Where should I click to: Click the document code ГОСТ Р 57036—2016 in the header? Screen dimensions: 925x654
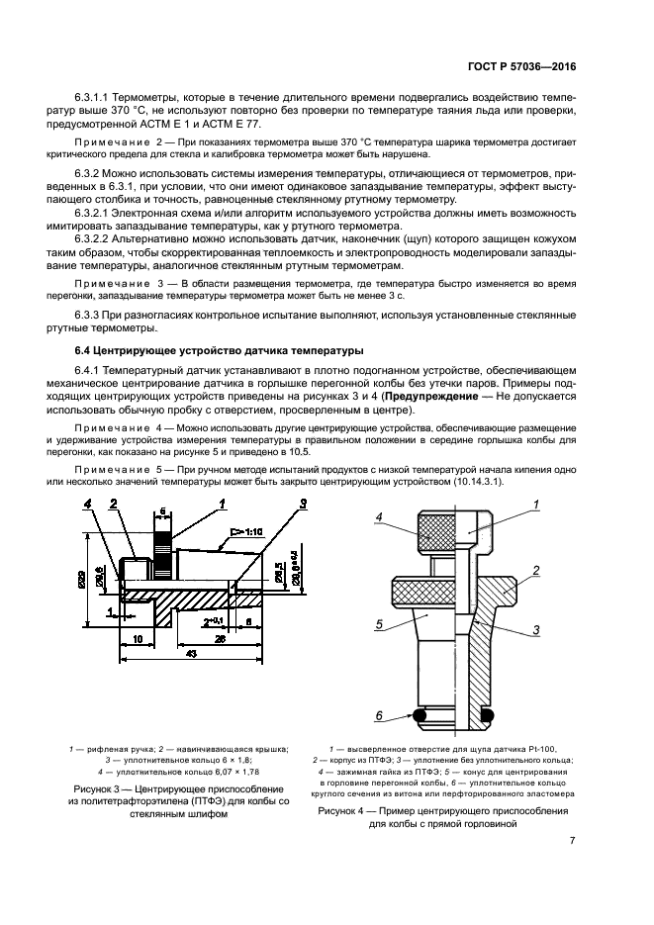(518, 67)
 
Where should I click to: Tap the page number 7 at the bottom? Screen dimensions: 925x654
(573, 841)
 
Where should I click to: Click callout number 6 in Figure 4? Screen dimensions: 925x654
(378, 714)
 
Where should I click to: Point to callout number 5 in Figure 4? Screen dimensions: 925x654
(378, 624)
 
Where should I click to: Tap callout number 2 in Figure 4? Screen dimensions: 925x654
(535, 571)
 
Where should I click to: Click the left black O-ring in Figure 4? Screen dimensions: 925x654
(420, 714)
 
